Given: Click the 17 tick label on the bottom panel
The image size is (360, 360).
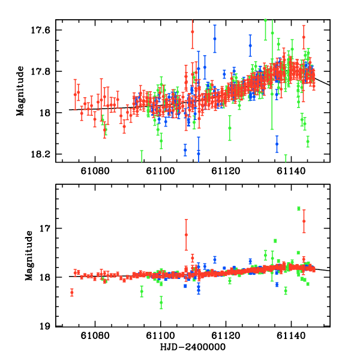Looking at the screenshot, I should point(50,229).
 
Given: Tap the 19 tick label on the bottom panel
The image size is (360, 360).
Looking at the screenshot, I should point(50,326).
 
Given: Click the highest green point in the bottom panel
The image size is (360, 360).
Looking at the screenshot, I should point(299,208).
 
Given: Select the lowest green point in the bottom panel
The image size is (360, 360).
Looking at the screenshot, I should point(161,302).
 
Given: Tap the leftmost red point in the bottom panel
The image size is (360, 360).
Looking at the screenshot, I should point(71,292).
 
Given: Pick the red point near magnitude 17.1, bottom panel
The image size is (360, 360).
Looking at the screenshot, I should point(186,234).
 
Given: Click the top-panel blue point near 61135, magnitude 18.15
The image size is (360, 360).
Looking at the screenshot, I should point(277,143).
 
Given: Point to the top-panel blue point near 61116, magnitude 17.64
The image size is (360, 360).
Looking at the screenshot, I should point(214,38).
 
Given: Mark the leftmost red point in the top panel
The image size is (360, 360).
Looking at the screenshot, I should point(75,94).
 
